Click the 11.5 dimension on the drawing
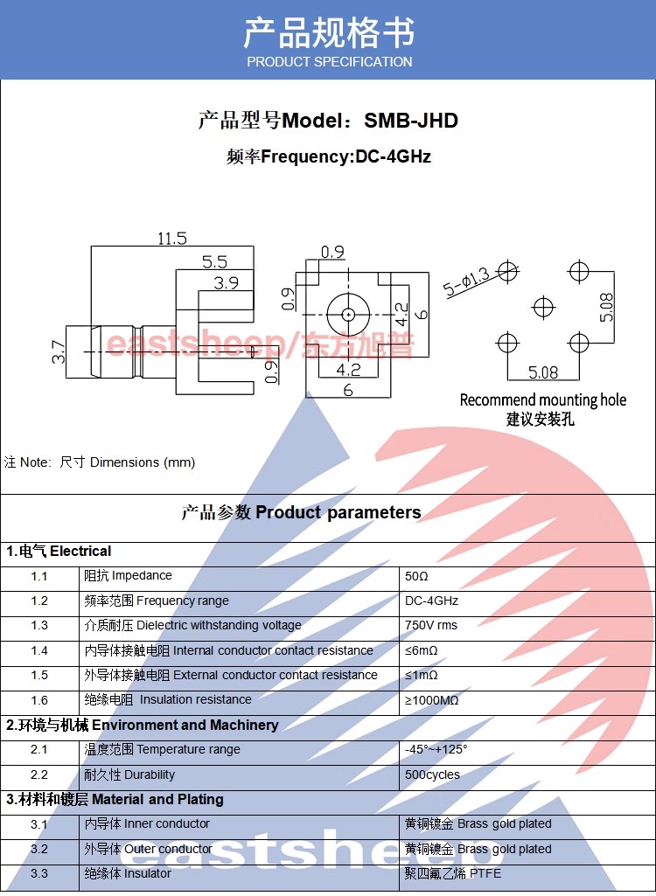pos(171,238)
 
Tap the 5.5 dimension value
pos(214,261)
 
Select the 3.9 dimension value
pos(226,282)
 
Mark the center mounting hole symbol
pos(543,308)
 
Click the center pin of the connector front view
pos(347,313)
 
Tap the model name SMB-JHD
pos(411,121)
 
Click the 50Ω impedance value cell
pos(417,577)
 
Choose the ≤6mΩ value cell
pos(422,651)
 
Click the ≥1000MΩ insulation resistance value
pos(432,700)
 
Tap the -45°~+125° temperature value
pos(436,750)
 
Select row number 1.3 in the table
pos(39,626)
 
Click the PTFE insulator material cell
pos(453,873)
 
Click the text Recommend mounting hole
pos(543,400)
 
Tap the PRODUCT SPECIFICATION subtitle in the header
pos(329,62)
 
